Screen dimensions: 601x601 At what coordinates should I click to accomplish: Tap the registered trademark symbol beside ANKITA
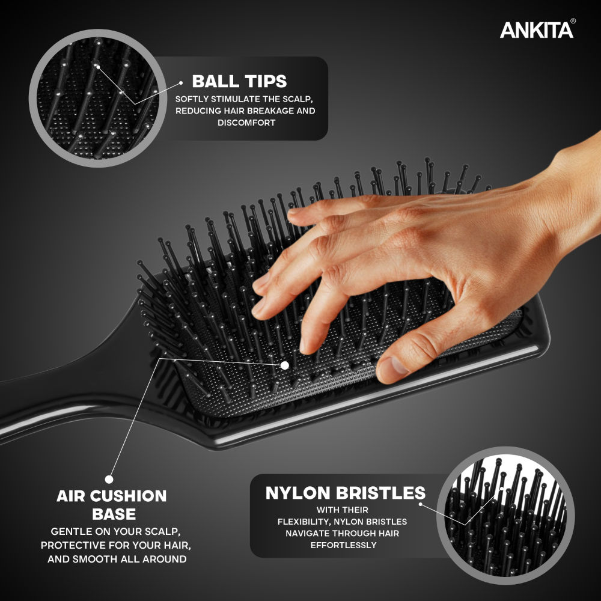573,21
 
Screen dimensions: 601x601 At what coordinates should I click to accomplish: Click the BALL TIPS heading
239,81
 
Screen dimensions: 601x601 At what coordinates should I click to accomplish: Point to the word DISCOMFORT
246,123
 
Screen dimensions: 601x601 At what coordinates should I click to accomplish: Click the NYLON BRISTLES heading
346,493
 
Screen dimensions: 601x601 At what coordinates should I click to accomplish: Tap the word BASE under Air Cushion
114,514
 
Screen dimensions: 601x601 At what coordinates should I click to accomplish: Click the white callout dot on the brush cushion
285,365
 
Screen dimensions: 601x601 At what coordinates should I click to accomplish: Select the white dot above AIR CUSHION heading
109,479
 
